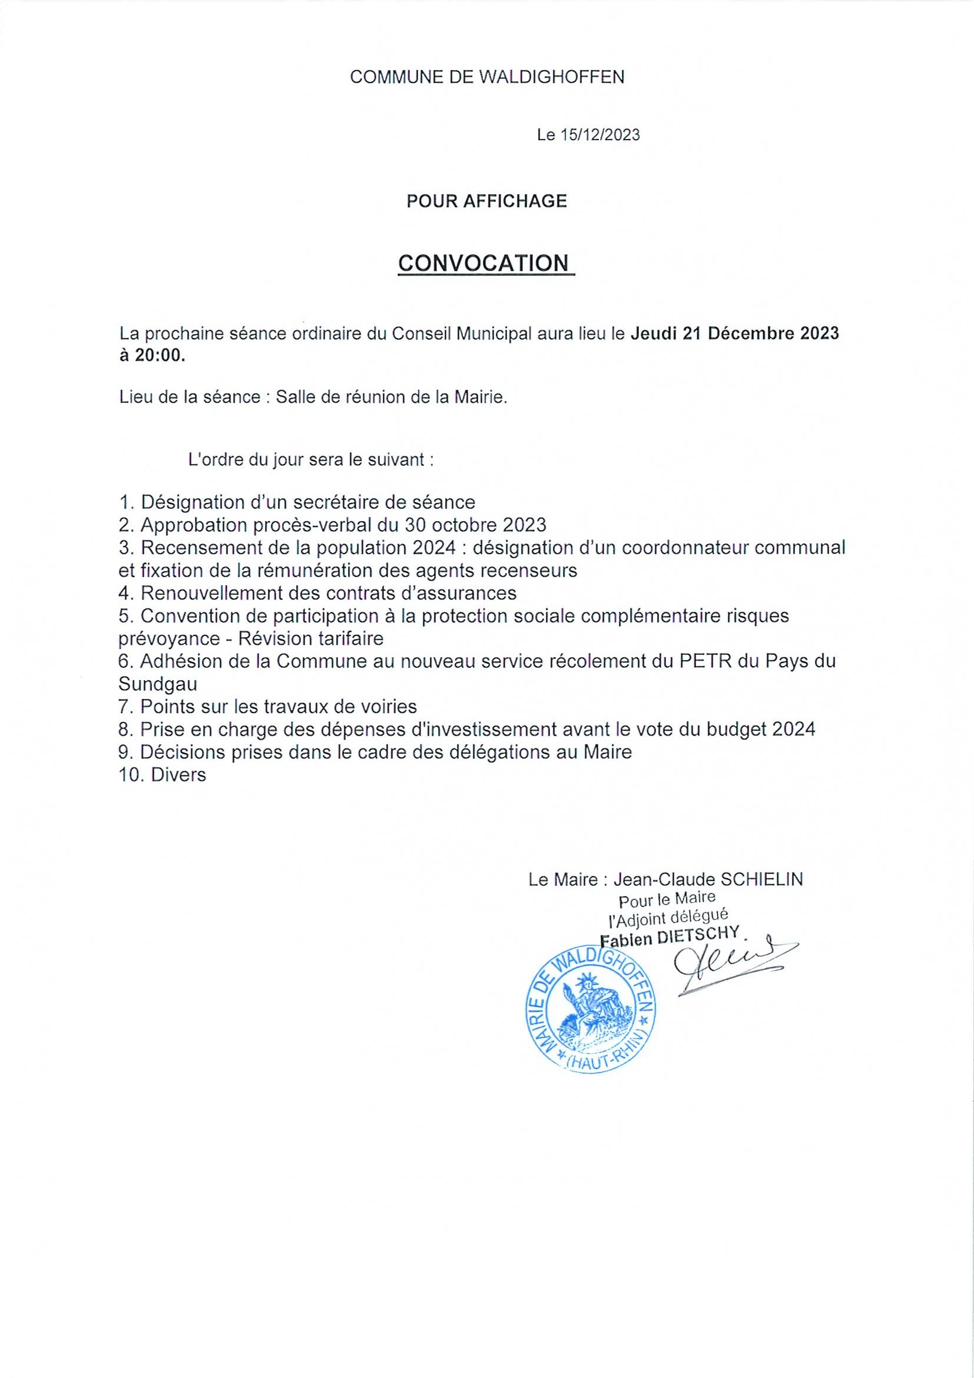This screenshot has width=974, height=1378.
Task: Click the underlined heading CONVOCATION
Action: coord(483,263)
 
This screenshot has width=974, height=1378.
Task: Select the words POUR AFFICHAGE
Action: coord(486,201)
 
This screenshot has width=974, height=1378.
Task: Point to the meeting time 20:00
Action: coord(160,356)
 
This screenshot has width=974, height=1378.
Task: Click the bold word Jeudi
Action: coord(654,334)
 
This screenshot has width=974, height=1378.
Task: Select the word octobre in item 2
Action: coord(462,525)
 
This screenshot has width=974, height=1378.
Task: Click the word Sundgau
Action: coord(158,684)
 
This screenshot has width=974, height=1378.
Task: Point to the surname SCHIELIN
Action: coord(761,880)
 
